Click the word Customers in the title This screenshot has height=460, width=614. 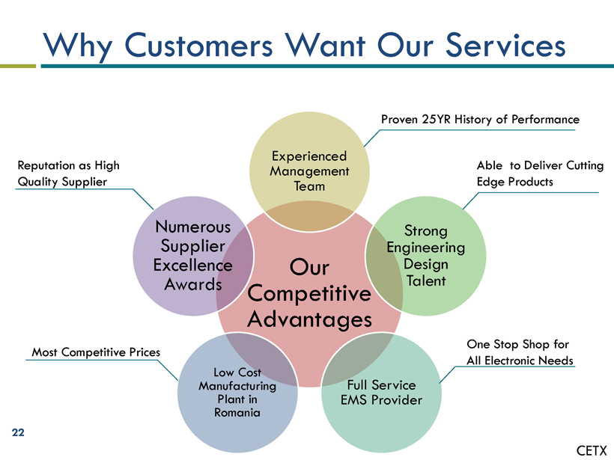point(198,45)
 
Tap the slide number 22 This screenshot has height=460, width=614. point(18,432)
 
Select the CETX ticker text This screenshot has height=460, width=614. point(592,450)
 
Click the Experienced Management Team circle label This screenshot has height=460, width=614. point(309,171)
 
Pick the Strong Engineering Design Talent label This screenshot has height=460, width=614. point(425,256)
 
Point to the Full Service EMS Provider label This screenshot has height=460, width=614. point(381,393)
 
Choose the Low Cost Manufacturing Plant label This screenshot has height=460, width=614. point(237,393)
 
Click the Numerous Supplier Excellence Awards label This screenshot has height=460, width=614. point(192,256)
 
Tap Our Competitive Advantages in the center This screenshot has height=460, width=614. point(309,293)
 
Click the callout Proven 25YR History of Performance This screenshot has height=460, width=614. point(480,120)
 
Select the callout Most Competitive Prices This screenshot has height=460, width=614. point(96,352)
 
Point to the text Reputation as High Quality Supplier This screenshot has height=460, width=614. point(69,174)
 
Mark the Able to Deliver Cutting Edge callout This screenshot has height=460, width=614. point(540,174)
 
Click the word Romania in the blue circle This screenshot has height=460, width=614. point(237,413)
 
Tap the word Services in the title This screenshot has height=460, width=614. point(505,45)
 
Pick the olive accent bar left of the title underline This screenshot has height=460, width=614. point(18,66)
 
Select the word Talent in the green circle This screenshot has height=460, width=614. point(426,280)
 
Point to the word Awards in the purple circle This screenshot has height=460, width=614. point(193,284)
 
